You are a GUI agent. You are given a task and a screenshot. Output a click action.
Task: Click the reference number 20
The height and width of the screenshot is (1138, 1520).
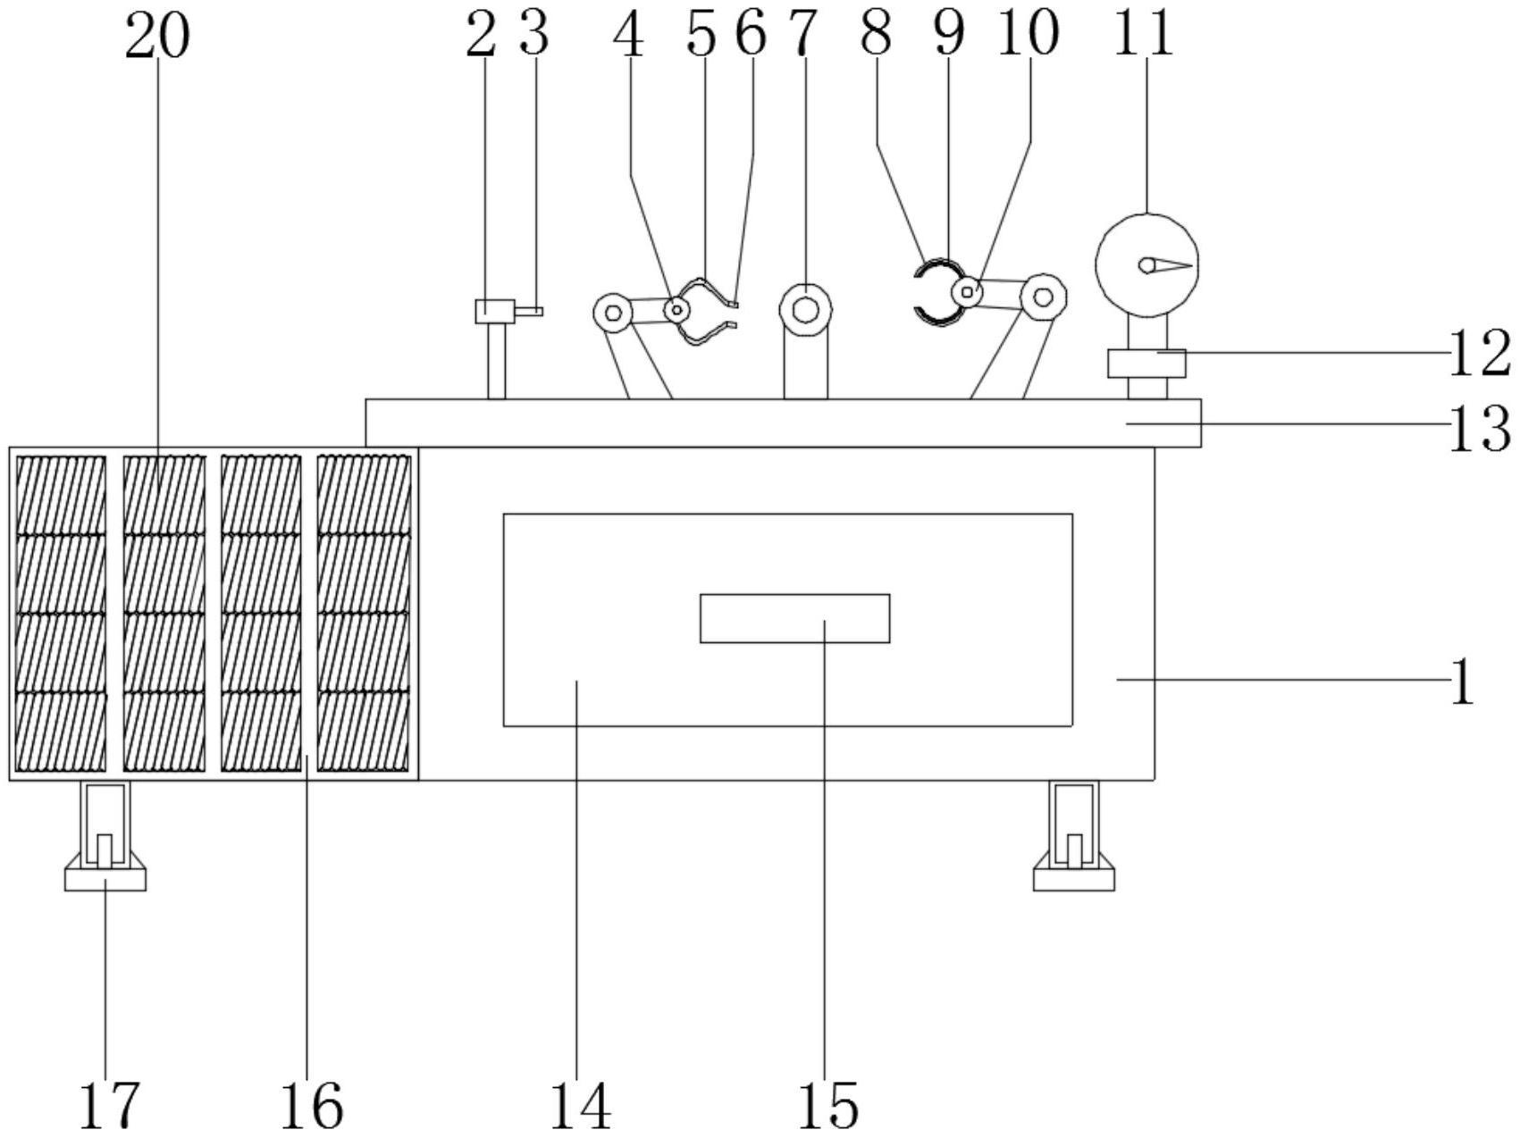coord(157,37)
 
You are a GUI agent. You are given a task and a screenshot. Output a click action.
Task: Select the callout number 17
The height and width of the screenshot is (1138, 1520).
coord(110,1105)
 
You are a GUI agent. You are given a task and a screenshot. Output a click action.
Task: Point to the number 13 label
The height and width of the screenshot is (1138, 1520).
coord(1479,429)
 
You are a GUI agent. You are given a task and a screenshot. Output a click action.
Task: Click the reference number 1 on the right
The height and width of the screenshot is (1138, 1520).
coord(1462,682)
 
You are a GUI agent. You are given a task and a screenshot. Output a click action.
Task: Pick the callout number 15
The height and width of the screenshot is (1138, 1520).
coord(827,1106)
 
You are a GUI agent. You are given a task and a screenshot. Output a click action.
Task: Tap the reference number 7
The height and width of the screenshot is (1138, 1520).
coord(802,35)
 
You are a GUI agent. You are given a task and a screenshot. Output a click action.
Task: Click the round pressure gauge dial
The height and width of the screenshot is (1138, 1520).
coord(1146,264)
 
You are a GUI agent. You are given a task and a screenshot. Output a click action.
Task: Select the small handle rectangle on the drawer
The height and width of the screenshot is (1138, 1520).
coord(794,618)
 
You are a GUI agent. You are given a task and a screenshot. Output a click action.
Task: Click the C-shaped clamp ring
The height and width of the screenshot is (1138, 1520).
coord(936,290)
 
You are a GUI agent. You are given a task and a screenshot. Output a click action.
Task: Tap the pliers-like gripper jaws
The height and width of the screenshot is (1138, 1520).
coord(707,311)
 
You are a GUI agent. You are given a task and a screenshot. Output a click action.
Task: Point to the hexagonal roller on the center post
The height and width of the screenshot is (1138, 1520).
coord(805,309)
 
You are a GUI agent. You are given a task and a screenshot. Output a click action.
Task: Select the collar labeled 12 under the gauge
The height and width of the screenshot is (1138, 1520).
coord(1146,364)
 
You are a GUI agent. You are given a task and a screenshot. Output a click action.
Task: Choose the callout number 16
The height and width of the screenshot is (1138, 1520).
coord(311,1106)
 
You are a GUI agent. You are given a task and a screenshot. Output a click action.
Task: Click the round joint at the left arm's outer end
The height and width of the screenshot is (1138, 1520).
coord(613,313)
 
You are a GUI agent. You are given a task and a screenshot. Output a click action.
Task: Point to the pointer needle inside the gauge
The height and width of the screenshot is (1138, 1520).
coord(1165,265)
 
